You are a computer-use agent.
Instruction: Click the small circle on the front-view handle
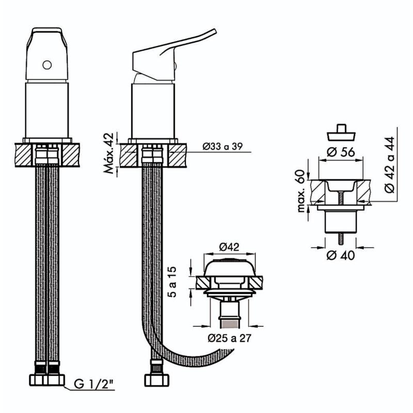tap(47, 65)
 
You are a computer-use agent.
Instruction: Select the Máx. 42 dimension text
tap(109, 154)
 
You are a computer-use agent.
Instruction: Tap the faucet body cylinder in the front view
tap(47, 108)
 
